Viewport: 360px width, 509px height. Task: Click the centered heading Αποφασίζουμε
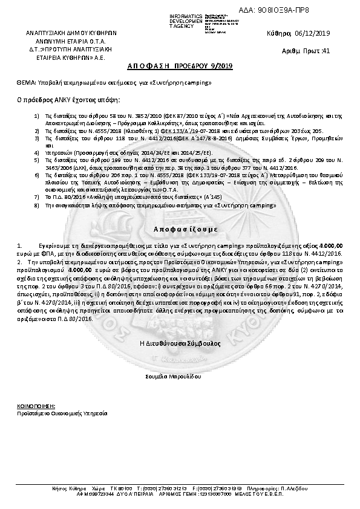(x=180, y=230)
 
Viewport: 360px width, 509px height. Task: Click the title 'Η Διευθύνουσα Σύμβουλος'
(x=180, y=343)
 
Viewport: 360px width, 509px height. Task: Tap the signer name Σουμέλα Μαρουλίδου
(x=180, y=375)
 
